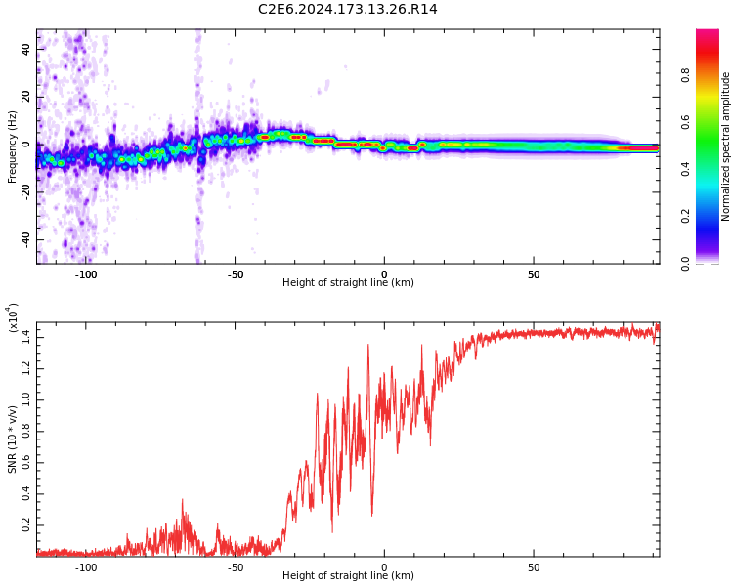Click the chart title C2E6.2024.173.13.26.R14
pos(347,10)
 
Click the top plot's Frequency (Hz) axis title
pos(13,146)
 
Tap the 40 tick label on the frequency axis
pos(25,49)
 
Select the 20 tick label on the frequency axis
pos(25,97)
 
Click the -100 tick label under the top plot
pos(85,273)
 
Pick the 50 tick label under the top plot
pos(533,273)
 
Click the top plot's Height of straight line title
pos(348,283)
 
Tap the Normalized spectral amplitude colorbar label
pos(726,146)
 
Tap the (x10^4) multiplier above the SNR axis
pos(13,318)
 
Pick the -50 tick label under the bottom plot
pos(235,566)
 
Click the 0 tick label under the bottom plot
pos(384,566)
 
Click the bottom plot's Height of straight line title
pos(348,576)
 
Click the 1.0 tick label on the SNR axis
pos(25,399)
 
